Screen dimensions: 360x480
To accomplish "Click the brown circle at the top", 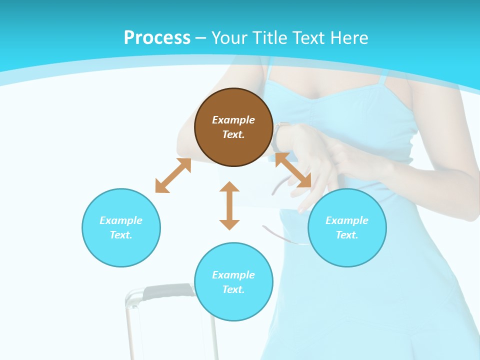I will click(x=233, y=127).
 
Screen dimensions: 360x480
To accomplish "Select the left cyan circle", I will click(x=121, y=227).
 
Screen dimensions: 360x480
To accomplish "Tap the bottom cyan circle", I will click(x=233, y=282).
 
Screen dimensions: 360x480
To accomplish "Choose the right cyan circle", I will click(x=347, y=227).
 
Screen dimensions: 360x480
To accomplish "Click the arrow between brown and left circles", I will click(x=173, y=175).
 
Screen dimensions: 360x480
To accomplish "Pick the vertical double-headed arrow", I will click(x=229, y=205).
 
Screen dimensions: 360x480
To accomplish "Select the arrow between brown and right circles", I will click(x=293, y=170).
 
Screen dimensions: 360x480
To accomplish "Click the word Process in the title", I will click(x=157, y=37).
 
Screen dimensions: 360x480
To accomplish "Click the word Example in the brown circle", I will click(x=233, y=120).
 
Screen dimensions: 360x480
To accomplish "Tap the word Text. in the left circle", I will click(x=121, y=235).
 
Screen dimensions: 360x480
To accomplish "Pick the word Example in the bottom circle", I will click(x=233, y=275).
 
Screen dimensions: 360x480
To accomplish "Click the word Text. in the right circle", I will click(x=347, y=235).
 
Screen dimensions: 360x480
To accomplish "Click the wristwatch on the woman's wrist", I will click(x=278, y=136).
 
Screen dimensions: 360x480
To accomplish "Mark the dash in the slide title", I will click(x=201, y=38).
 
